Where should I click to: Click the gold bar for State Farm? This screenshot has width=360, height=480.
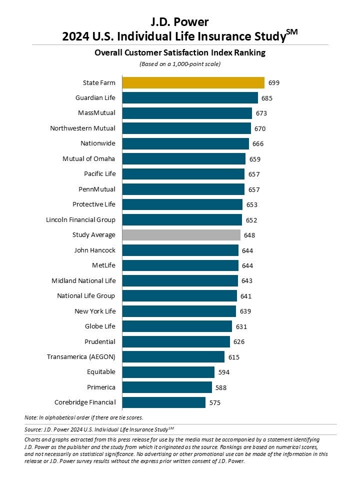[x=193, y=82]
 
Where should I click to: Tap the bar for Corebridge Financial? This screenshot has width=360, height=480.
[x=164, y=402]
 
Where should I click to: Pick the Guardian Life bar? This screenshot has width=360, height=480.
[x=190, y=98]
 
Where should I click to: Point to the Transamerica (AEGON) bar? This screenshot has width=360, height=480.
[x=173, y=357]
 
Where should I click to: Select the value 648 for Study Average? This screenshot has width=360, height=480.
[x=249, y=235]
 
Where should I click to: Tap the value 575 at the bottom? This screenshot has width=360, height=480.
[x=215, y=402]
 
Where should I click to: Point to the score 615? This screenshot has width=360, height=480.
[x=234, y=357]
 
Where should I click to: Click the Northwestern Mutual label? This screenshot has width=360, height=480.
[x=82, y=128]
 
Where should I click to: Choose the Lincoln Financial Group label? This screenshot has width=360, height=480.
[x=80, y=220]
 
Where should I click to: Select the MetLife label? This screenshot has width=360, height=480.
[x=103, y=265]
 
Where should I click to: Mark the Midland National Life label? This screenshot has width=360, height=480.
[x=83, y=281]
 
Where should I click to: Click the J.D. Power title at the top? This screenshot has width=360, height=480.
[x=179, y=21]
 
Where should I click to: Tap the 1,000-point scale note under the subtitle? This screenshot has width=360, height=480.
[x=179, y=64]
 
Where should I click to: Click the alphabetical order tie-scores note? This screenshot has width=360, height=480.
[x=83, y=417]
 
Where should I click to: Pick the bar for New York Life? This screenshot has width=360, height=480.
[x=179, y=311]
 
